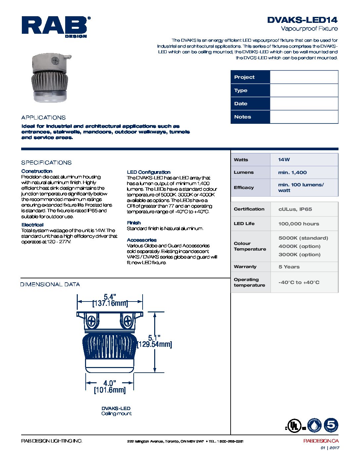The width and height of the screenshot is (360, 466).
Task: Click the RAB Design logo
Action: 56,26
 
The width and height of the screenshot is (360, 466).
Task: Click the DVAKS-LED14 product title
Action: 302,20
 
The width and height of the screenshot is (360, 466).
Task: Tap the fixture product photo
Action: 50,78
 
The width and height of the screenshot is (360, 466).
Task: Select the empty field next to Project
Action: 304,77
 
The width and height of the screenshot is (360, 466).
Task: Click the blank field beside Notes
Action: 304,117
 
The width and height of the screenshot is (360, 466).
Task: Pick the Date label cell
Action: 250,104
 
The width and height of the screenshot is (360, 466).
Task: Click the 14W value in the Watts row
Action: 284,160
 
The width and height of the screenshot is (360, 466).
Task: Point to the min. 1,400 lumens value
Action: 292,172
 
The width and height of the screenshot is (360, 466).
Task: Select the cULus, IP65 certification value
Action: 295,209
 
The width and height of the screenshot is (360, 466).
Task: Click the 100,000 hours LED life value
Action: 298,224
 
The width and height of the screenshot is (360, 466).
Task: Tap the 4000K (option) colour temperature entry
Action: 299,246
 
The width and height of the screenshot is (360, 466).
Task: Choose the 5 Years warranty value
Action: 289,267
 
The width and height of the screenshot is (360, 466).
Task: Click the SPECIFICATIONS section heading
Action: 46,163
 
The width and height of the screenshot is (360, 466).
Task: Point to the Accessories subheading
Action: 142,240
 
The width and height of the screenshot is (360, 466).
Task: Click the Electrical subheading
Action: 32,225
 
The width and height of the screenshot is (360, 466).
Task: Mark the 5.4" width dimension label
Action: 110,297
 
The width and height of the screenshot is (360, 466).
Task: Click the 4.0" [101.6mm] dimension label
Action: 110,387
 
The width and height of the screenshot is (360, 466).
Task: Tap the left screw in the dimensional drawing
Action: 92,321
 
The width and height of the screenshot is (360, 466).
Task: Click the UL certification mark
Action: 293,426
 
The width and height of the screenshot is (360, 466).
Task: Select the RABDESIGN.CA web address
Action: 321,441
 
